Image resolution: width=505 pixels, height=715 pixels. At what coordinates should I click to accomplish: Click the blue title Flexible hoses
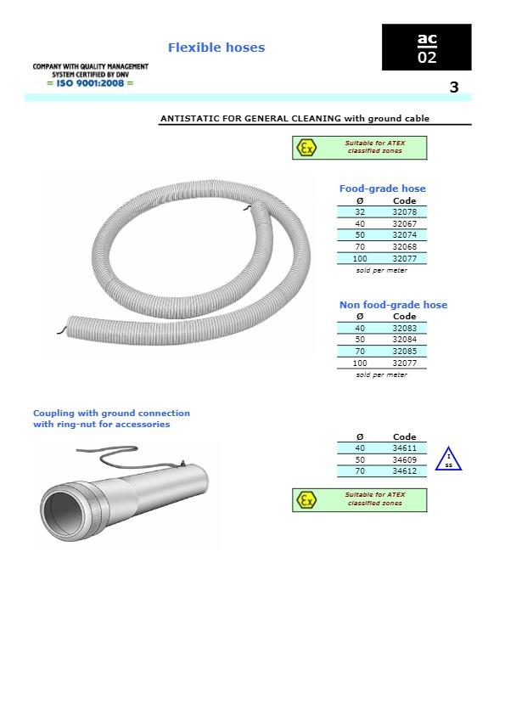click(x=216, y=48)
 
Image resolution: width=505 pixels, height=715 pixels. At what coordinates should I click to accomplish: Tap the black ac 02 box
click(x=426, y=48)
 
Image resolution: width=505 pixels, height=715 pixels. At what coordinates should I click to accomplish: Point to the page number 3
click(x=454, y=87)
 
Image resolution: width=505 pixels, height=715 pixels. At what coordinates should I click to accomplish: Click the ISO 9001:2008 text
click(x=91, y=82)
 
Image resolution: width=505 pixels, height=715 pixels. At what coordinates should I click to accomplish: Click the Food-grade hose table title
click(x=382, y=189)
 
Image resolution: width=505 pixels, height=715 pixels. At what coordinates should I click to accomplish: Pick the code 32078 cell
click(x=404, y=211)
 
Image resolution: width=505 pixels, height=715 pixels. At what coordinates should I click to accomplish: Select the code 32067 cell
click(x=404, y=223)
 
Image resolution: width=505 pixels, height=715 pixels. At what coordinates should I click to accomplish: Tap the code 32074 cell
click(x=404, y=235)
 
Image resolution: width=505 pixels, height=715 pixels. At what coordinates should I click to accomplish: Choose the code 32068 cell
click(x=404, y=247)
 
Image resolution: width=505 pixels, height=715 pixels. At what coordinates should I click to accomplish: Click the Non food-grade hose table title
click(x=393, y=305)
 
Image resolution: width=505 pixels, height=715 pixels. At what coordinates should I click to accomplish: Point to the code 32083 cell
click(x=404, y=328)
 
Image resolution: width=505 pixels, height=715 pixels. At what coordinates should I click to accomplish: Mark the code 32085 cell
click(x=404, y=352)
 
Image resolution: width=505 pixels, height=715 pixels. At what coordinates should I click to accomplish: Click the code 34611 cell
click(x=404, y=448)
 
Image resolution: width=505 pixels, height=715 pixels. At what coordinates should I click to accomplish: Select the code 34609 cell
click(x=404, y=459)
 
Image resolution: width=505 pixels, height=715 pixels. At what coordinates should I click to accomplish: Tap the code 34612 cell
click(x=404, y=471)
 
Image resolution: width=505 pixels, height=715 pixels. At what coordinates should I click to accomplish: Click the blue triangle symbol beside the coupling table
click(x=448, y=461)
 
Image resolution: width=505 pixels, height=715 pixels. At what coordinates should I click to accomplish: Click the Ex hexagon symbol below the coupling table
click(x=306, y=500)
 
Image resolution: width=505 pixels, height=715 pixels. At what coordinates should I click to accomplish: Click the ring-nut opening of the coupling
click(x=65, y=514)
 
